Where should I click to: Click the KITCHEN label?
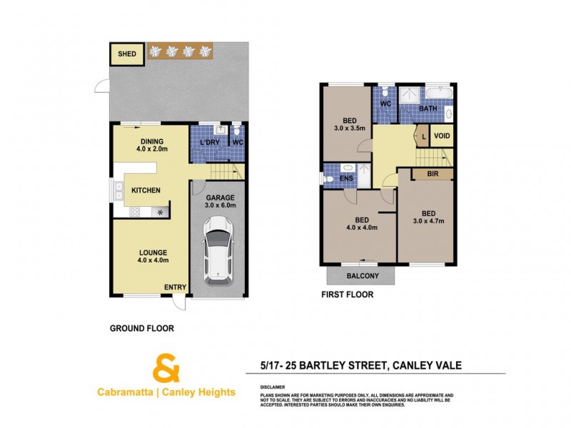tap(145, 190)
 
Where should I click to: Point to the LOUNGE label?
tap(153, 253)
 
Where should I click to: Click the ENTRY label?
tap(175, 287)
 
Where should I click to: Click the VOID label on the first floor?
tap(443, 136)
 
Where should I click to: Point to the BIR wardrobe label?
tap(433, 174)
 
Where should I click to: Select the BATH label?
tap(428, 108)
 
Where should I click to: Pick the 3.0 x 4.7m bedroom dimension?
tap(428, 222)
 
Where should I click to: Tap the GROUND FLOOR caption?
tap(141, 329)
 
